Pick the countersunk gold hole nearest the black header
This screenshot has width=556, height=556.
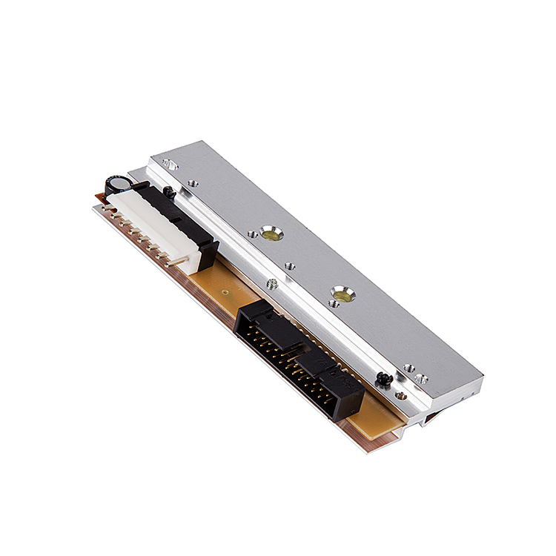coord(342,293)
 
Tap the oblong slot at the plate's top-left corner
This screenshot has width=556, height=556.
coord(168,164)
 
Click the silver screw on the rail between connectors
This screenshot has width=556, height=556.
coord(272,282)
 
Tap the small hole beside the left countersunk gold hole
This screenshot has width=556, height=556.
coord(252,235)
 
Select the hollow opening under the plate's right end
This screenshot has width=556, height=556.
coord(430,419)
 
